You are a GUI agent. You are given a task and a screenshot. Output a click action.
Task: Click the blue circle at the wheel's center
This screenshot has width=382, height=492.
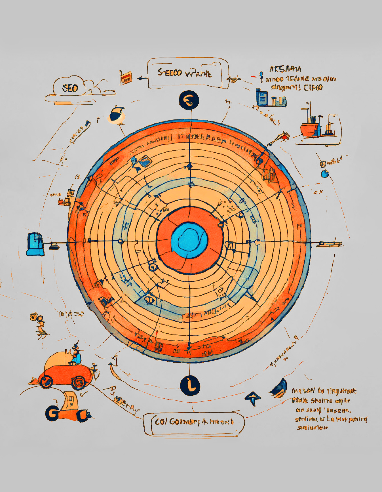[189, 240]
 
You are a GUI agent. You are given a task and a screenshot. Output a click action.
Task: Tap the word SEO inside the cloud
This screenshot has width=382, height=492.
[70, 88]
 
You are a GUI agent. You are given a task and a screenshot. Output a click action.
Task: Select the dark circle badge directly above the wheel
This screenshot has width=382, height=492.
[189, 100]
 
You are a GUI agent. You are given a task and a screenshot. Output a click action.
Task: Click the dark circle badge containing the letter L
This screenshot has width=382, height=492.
[190, 385]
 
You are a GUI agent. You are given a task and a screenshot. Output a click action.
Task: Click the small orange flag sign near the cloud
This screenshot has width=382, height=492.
[126, 77]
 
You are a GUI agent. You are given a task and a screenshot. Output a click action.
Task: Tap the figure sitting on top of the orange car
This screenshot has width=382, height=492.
[76, 355]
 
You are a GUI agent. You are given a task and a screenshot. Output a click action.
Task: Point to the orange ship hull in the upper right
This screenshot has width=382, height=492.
[310, 129]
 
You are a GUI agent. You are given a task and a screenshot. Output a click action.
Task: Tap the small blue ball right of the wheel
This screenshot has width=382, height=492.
[324, 174]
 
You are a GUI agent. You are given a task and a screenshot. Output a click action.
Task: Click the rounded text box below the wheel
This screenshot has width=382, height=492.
[194, 424]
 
